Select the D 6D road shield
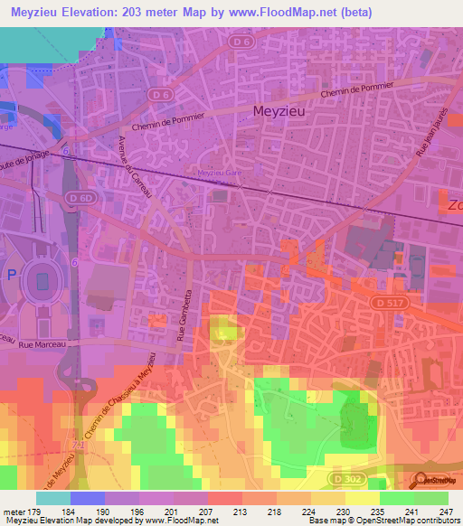[85, 197]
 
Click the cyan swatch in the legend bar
[52, 498]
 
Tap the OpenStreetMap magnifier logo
[420, 480]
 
